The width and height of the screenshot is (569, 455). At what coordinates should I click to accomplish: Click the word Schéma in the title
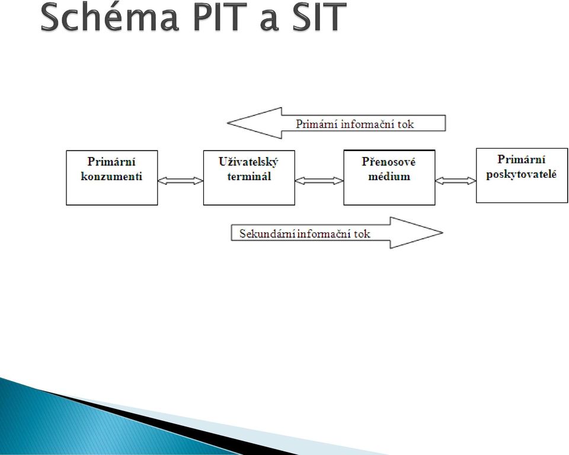[x=109, y=17]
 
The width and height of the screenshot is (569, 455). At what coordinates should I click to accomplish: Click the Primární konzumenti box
[x=112, y=178]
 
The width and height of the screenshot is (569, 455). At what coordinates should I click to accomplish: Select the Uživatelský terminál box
[x=249, y=178]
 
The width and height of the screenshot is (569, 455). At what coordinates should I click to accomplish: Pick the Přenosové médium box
[x=389, y=177]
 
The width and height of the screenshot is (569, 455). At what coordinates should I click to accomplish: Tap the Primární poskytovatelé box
[x=522, y=175]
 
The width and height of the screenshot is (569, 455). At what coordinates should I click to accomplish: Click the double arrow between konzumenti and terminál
[x=180, y=180]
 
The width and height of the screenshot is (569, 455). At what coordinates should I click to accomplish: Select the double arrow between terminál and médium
[x=319, y=180]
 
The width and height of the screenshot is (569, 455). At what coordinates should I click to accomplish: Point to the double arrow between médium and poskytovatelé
[x=455, y=180]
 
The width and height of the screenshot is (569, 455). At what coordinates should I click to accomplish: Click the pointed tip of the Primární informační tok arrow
[x=228, y=123]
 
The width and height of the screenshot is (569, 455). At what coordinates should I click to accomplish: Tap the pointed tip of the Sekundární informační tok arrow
[x=443, y=233]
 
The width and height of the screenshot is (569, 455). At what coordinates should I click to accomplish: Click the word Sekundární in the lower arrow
[x=267, y=233]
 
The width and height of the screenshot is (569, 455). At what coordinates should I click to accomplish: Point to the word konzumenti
[x=111, y=177]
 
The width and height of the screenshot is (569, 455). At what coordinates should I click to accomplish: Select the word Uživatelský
[x=248, y=162]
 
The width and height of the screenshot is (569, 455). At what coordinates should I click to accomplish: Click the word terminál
[x=249, y=177]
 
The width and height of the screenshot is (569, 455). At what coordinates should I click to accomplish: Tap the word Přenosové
[x=389, y=162]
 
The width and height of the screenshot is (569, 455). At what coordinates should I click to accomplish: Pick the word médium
[x=389, y=177]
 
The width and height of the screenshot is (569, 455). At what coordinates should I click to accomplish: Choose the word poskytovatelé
[x=522, y=175]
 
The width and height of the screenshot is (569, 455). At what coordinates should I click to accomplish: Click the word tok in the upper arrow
[x=405, y=124]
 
